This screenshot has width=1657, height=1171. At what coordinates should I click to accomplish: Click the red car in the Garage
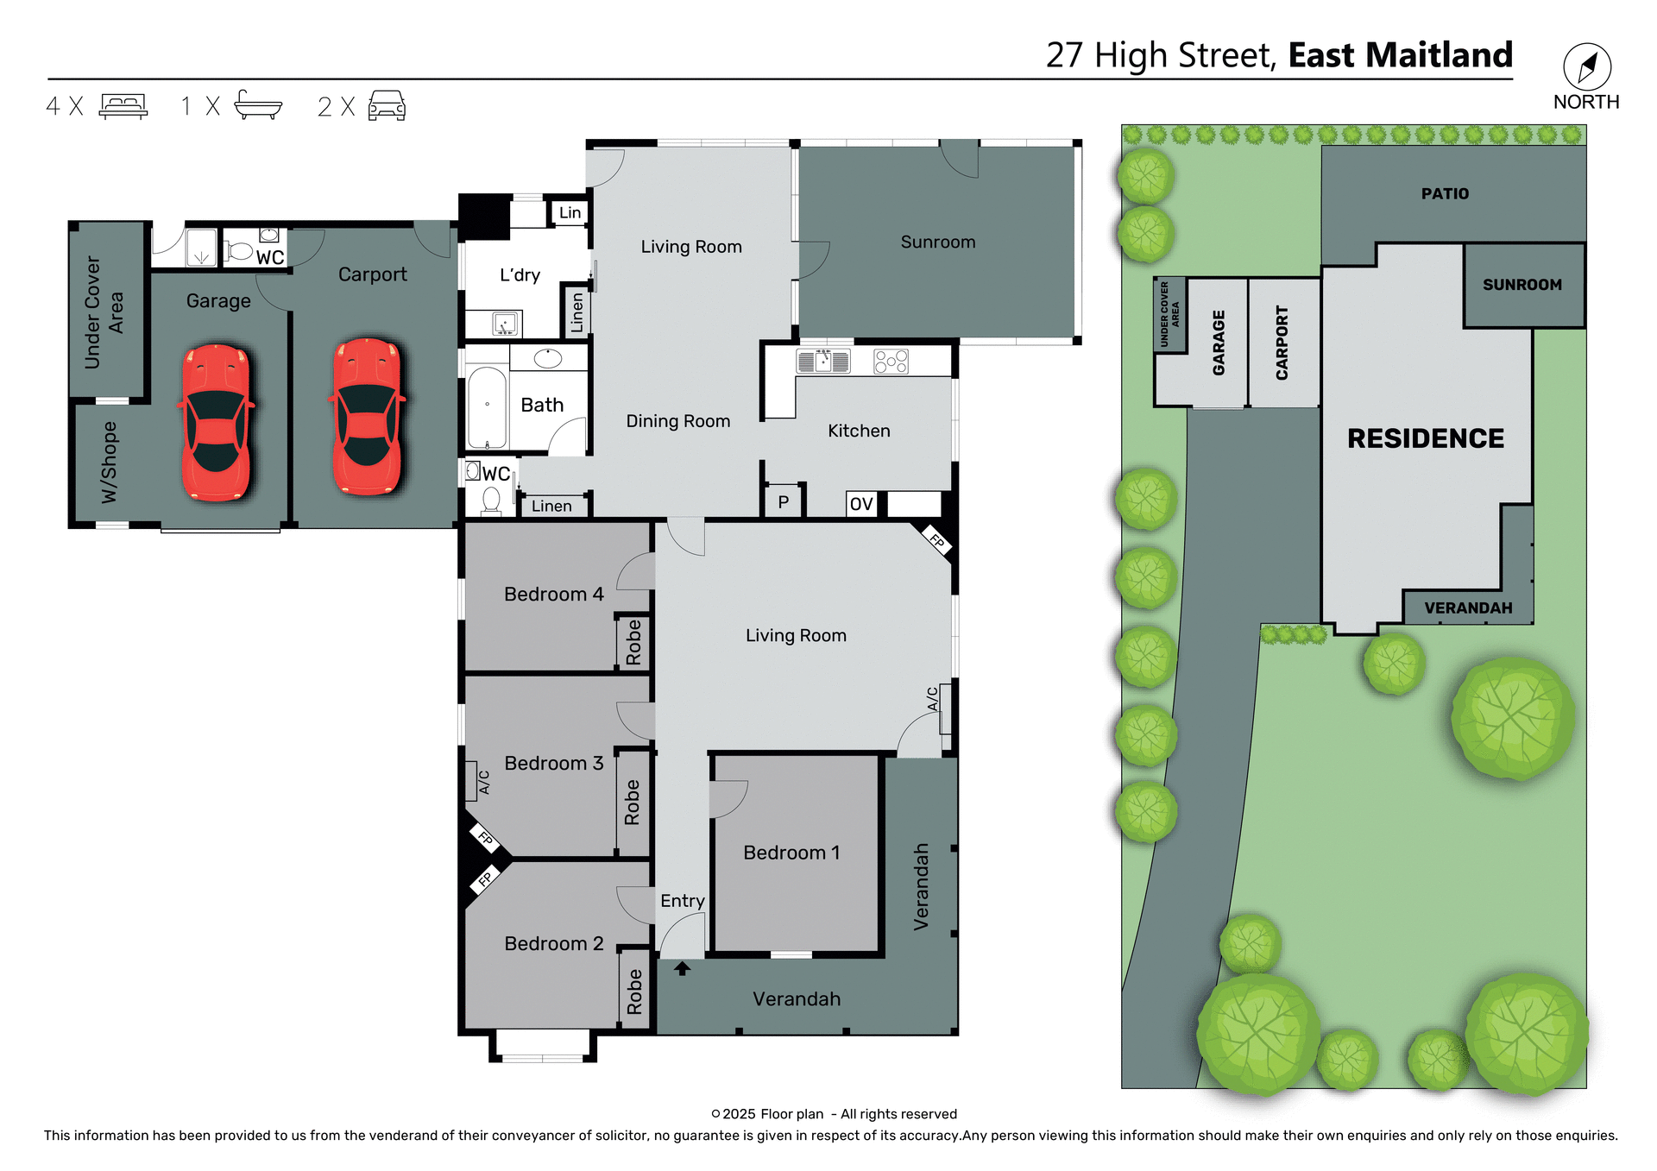(x=216, y=423)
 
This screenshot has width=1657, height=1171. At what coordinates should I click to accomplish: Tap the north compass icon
(x=1586, y=67)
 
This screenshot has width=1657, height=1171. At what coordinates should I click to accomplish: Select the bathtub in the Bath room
(x=487, y=407)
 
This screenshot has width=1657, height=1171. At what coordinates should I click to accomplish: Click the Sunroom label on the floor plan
(x=937, y=242)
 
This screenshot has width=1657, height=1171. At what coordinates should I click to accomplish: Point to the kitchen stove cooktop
(x=891, y=361)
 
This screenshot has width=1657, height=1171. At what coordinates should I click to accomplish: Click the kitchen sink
(x=822, y=361)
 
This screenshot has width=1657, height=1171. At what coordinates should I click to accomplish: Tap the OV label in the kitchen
(x=860, y=504)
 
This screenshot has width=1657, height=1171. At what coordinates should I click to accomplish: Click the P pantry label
(x=783, y=502)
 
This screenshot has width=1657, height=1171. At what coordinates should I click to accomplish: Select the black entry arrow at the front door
(x=682, y=968)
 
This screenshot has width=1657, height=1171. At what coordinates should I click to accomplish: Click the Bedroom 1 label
(x=791, y=853)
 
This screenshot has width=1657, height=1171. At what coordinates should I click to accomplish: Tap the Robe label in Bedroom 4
(x=633, y=642)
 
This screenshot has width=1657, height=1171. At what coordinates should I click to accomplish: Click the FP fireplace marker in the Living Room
(x=937, y=541)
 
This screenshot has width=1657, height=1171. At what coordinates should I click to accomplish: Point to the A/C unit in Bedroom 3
(x=472, y=780)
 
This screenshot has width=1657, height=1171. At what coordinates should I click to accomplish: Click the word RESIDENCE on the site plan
(x=1425, y=438)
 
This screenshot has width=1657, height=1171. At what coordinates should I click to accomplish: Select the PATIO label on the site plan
(x=1445, y=194)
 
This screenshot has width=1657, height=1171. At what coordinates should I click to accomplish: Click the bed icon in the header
(x=123, y=105)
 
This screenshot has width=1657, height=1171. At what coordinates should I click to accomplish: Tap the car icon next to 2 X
(x=387, y=105)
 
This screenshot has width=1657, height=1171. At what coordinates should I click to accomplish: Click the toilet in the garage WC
(x=239, y=251)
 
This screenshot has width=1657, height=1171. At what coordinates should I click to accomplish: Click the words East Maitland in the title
(x=1400, y=55)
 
